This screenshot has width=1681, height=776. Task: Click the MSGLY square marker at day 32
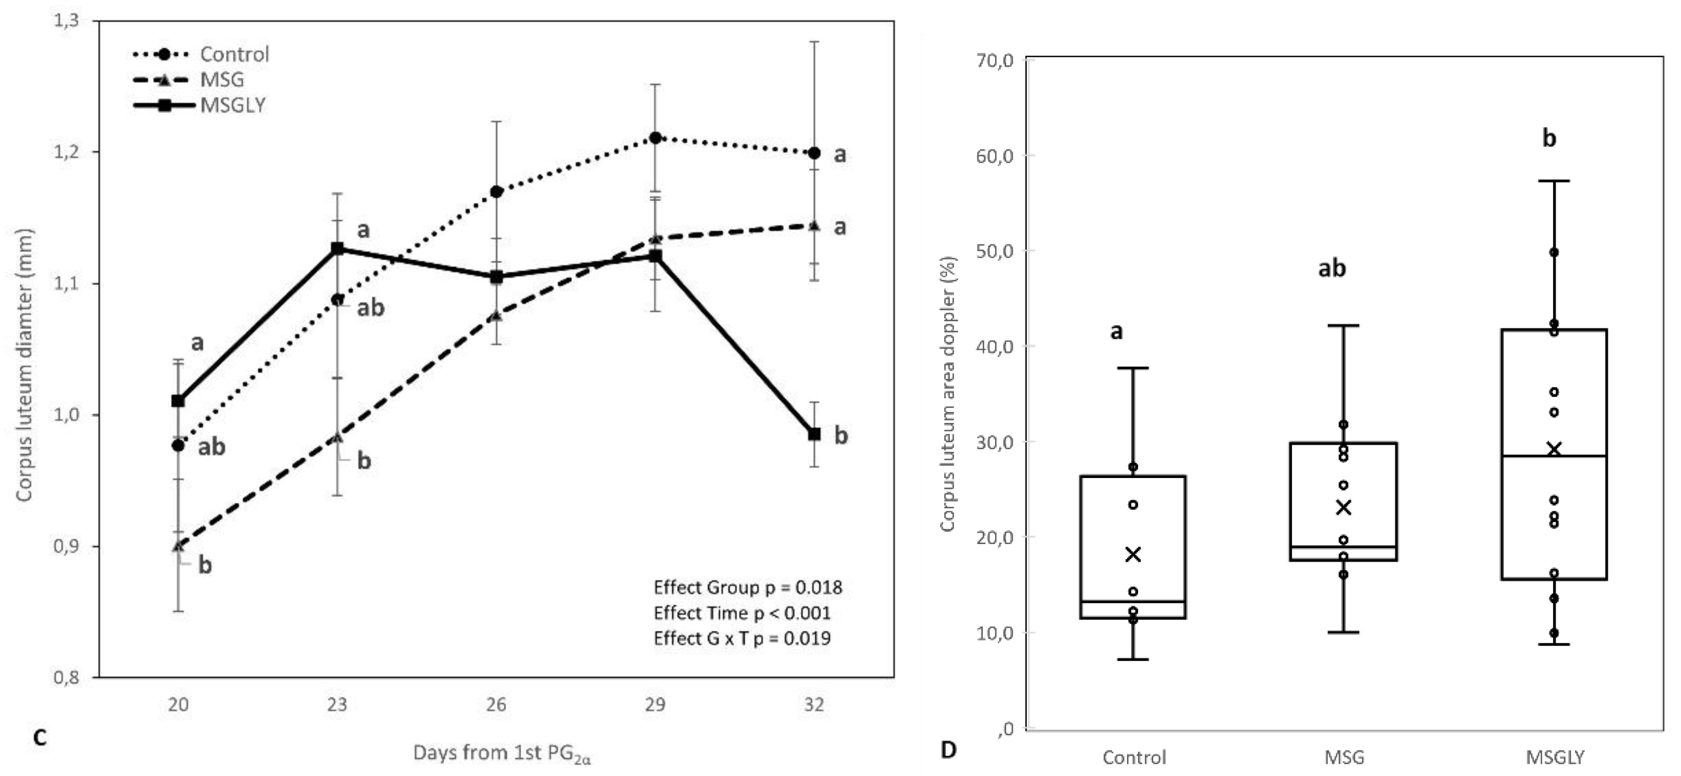(x=814, y=434)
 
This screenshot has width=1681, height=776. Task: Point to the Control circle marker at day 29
(x=655, y=138)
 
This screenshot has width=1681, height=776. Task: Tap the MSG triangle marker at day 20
(x=178, y=546)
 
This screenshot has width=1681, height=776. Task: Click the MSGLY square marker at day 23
(x=337, y=249)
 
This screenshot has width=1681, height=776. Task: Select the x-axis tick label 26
(x=496, y=705)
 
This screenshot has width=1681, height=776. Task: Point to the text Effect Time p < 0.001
(x=742, y=613)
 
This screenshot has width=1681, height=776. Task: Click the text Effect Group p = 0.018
(x=748, y=587)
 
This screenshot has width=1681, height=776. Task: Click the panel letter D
(x=948, y=750)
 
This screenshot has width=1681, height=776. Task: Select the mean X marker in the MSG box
(x=1343, y=507)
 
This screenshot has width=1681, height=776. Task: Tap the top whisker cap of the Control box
(x=1133, y=368)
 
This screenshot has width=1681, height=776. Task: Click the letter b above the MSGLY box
(x=1549, y=138)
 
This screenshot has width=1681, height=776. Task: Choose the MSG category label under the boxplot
(x=1344, y=757)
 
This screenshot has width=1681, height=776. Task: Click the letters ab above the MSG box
(x=1332, y=268)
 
